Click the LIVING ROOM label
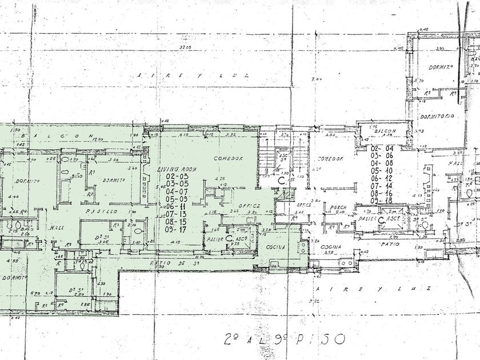tap(177, 170)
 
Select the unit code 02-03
tap(177, 177)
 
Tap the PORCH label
tap(334, 207)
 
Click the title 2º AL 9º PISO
tap(282, 338)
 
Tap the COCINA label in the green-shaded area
tap(275, 246)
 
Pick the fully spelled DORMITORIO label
tap(437, 116)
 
